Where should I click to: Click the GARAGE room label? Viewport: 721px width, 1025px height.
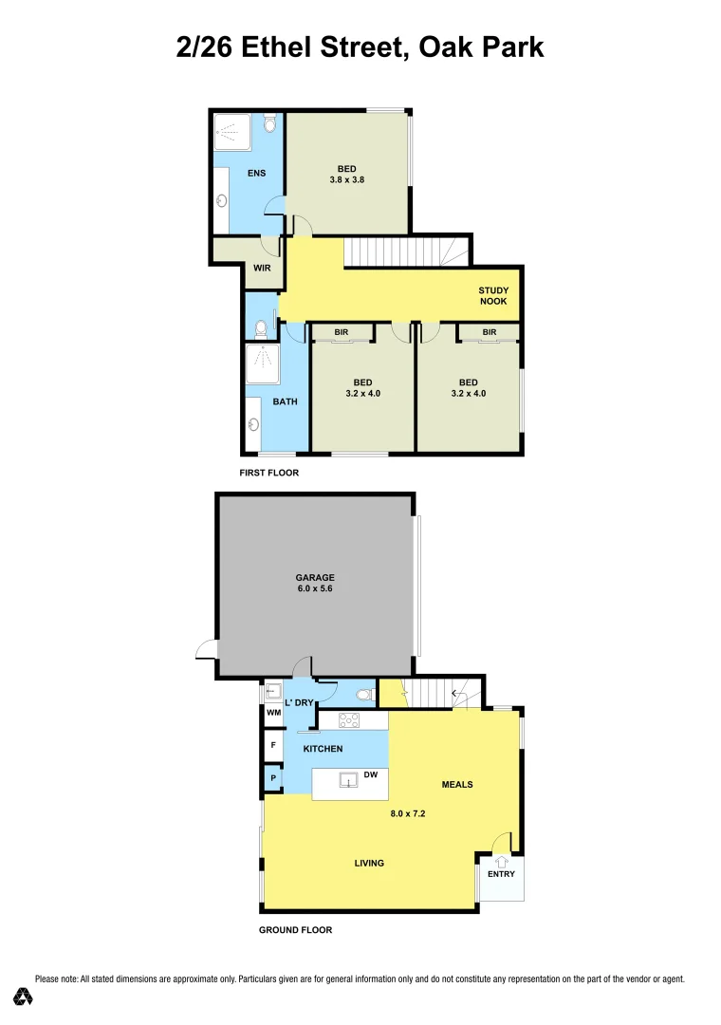315,576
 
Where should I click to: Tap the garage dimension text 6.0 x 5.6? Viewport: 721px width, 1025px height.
315,588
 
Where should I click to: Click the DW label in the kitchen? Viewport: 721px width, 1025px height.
371,775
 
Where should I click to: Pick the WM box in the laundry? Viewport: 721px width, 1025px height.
273,712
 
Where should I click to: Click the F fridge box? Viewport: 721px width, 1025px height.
273,746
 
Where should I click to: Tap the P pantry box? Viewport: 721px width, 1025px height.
273,778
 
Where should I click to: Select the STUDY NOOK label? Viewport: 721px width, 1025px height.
493,296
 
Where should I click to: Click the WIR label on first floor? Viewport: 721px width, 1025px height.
261,269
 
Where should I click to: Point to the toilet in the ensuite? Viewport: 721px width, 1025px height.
270,124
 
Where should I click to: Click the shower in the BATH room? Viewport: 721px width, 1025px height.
259,363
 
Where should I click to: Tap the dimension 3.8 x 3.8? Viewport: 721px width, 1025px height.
347,179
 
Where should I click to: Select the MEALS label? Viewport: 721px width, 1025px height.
457,784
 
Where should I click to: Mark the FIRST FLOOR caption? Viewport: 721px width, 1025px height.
269,472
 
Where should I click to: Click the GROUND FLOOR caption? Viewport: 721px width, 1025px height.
296,930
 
